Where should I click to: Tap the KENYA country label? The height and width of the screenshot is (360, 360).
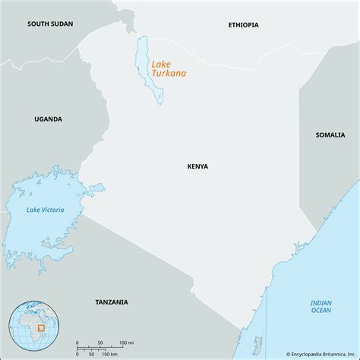coord(197,166)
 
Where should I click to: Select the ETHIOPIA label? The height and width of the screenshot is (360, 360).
coord(243,25)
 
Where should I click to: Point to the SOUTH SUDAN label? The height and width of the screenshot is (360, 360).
coord(50,24)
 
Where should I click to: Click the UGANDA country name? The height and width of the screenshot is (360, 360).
coord(48,119)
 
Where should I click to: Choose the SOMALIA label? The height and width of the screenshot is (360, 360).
coord(330,134)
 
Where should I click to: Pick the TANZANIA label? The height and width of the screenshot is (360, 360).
coord(112,302)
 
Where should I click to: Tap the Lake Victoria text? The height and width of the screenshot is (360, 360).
coord(45,210)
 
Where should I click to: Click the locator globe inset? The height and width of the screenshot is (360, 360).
coord(35,327)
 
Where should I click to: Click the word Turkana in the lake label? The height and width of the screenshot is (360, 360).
coord(169,74)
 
